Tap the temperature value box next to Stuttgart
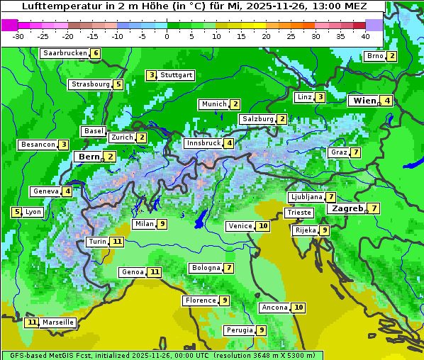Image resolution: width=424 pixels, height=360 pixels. (x=151, y=75)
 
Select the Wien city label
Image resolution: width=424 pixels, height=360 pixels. (x=364, y=101)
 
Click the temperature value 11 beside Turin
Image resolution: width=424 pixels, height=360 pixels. (x=117, y=242)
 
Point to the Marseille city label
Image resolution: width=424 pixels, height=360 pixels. (x=58, y=322)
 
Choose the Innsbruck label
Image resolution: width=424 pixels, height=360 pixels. (x=203, y=143)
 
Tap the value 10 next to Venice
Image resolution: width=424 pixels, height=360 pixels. (x=263, y=226)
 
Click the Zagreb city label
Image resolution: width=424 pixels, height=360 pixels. (x=347, y=208)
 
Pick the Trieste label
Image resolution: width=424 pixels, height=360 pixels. (x=299, y=213)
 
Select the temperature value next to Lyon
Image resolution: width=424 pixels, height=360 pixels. (x=16, y=212)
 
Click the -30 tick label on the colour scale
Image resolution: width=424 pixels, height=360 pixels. (x=18, y=36)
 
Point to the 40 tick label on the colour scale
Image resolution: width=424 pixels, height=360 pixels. (x=365, y=36)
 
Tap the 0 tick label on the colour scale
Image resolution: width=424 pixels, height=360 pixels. (x=167, y=36)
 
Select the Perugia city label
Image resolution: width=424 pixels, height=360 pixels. (x=239, y=330)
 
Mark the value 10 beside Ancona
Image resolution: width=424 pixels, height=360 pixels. (x=299, y=308)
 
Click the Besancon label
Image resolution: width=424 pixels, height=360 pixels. (x=38, y=145)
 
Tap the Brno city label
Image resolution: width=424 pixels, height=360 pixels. (x=375, y=57)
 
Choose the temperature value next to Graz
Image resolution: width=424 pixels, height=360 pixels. (x=355, y=152)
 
